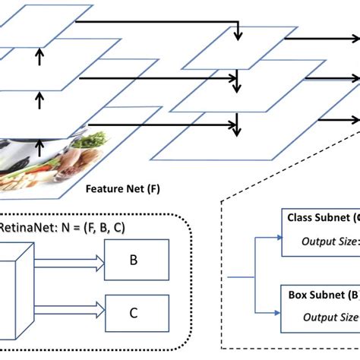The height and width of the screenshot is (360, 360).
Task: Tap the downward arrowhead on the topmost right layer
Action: pos(238,36)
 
